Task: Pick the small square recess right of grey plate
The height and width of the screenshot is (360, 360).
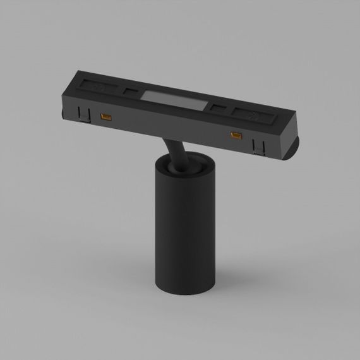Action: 217,107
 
